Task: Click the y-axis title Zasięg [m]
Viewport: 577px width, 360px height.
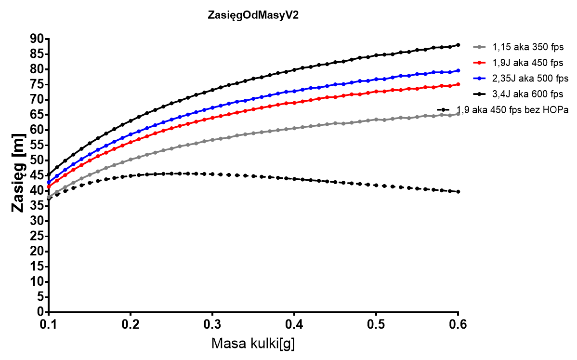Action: pyautogui.click(x=19, y=176)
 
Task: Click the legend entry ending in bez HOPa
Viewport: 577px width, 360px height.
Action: pyautogui.click(x=513, y=109)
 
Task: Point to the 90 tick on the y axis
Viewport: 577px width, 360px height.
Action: pyautogui.click(x=37, y=39)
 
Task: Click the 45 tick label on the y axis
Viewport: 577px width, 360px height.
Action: pyautogui.click(x=37, y=175)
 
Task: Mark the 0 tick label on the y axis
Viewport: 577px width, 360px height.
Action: pyautogui.click(x=40, y=312)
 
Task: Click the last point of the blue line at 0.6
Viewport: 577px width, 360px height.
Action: pyautogui.click(x=458, y=70)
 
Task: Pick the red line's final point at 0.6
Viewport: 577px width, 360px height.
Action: pyautogui.click(x=458, y=84)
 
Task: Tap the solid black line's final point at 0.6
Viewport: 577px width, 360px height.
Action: pyautogui.click(x=458, y=45)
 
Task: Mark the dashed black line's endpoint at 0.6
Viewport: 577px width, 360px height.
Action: pyautogui.click(x=458, y=191)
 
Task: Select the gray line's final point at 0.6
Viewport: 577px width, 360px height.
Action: pyautogui.click(x=458, y=114)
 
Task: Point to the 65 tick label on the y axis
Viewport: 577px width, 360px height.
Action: pyautogui.click(x=37, y=115)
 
